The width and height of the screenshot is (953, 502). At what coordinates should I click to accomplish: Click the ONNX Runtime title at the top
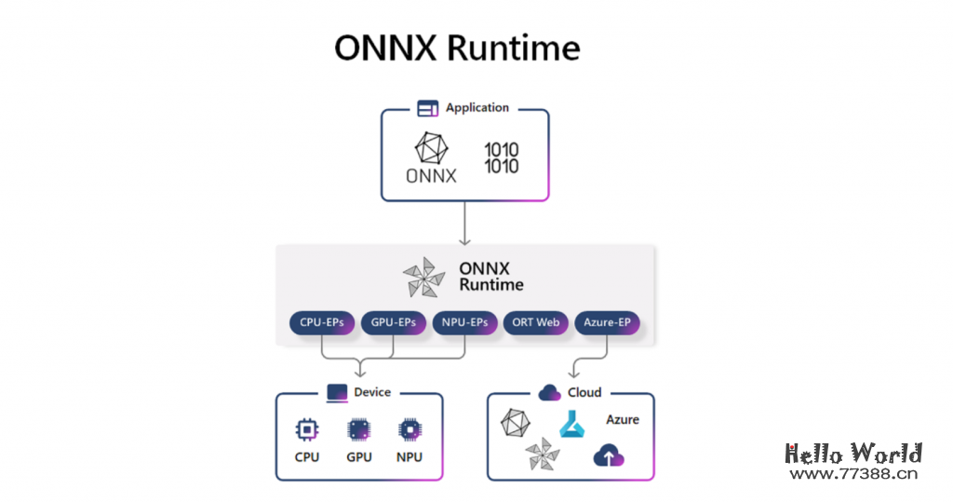pyautogui.click(x=457, y=47)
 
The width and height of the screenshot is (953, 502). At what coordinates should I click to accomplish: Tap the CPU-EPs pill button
pyautogui.click(x=322, y=323)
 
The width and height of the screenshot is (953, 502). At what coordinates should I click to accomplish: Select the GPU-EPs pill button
pyautogui.click(x=393, y=323)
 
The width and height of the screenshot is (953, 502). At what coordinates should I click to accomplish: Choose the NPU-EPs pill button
pyautogui.click(x=465, y=323)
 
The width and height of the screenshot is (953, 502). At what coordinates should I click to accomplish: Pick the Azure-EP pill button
pyautogui.click(x=607, y=323)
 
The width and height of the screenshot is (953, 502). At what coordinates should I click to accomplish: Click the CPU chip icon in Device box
pyautogui.click(x=306, y=429)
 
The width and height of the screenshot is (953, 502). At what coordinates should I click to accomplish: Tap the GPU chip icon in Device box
pyautogui.click(x=358, y=429)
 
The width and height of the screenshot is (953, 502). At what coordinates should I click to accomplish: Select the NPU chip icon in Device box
pyautogui.click(x=409, y=429)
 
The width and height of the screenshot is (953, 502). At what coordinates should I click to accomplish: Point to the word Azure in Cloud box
pyautogui.click(x=623, y=420)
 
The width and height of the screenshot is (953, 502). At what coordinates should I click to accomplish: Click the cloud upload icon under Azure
pyautogui.click(x=609, y=455)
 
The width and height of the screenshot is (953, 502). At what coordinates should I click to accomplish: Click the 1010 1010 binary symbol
pyautogui.click(x=502, y=157)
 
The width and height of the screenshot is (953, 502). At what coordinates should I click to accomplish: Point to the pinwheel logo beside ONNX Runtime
pyautogui.click(x=423, y=277)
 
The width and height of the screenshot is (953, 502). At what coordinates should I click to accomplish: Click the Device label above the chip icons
pyautogui.click(x=359, y=392)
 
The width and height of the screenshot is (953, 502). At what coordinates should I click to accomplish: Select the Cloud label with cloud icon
pyautogui.click(x=570, y=392)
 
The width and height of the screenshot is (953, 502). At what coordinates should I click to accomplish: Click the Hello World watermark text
pyautogui.click(x=853, y=454)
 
